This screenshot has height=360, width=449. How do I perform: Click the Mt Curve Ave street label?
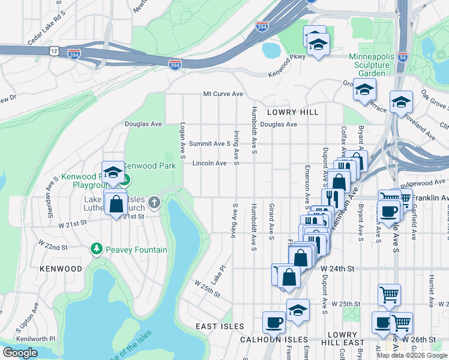223,94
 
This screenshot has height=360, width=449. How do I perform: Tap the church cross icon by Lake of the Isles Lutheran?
154,202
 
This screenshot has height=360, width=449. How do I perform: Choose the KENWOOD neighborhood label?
60,269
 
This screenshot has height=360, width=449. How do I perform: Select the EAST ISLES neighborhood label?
220,326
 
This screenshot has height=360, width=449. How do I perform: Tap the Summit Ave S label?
209,144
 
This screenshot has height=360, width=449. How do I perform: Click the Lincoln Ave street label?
209,163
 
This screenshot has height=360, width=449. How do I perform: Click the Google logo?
20,353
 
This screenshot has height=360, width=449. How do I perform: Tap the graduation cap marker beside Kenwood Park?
112,173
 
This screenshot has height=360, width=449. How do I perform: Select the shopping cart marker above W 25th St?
389,295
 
